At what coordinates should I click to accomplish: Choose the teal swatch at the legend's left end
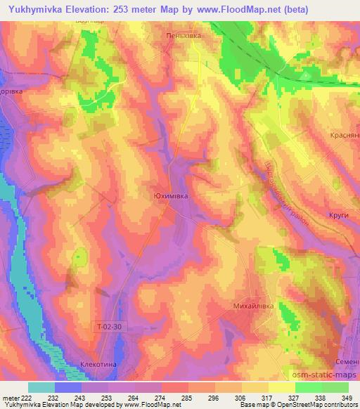tap(41, 387)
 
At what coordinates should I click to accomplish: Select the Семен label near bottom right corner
tap(347, 361)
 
